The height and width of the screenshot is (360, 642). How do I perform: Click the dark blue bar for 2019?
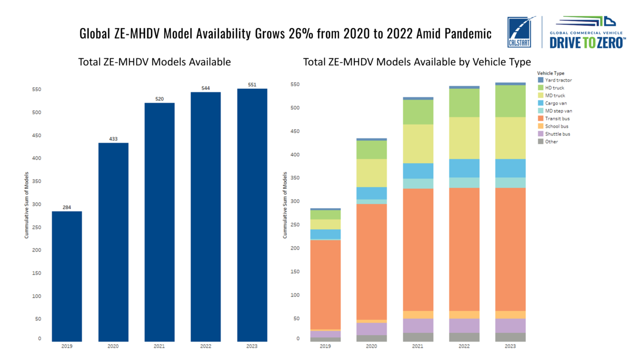pyautogui.click(x=67, y=276)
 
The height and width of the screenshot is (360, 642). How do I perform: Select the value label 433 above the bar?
pyautogui.click(x=113, y=138)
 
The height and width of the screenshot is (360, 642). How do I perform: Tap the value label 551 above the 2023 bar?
pyautogui.click(x=252, y=85)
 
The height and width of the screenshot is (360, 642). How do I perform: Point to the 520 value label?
pyautogui.click(x=159, y=98)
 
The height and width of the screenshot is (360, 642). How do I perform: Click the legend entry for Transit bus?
pyautogui.click(x=557, y=118)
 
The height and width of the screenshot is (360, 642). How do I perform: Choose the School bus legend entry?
pyautogui.click(x=556, y=126)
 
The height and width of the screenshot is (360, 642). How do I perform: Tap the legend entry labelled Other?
pyautogui.click(x=551, y=142)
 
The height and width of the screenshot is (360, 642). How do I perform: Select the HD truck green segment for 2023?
pyautogui.click(x=510, y=101)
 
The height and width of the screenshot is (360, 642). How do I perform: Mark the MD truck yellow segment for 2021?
pyautogui.click(x=418, y=144)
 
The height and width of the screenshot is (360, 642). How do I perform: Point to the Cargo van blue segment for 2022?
pyautogui.click(x=464, y=168)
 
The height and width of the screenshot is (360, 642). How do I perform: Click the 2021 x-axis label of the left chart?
pyautogui.click(x=159, y=347)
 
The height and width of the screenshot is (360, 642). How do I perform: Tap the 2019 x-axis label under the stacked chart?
pyautogui.click(x=326, y=347)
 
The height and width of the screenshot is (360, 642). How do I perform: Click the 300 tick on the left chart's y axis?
pyautogui.click(x=37, y=204)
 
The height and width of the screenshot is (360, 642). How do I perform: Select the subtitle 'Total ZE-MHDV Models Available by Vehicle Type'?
pyautogui.click(x=417, y=62)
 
